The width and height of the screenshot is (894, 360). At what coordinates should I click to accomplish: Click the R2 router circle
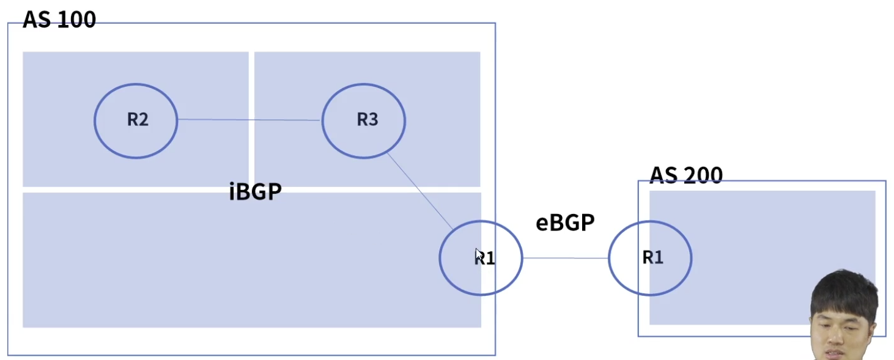point(136,120)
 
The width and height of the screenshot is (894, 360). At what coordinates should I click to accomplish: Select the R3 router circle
point(364,120)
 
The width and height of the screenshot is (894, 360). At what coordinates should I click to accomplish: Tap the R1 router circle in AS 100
point(481,258)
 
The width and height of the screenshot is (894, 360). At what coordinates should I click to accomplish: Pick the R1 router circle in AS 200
point(650,258)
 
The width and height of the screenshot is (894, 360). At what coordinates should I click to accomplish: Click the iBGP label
point(255,192)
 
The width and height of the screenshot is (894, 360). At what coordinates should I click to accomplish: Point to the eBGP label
point(565,223)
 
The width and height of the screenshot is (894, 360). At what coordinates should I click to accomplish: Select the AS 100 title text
point(59,20)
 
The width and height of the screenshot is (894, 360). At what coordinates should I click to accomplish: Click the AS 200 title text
point(685,175)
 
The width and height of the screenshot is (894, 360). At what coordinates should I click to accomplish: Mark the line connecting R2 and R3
point(249,120)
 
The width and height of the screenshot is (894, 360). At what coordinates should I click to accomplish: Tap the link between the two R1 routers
point(566,258)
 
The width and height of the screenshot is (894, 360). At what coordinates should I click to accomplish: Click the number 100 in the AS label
point(77,20)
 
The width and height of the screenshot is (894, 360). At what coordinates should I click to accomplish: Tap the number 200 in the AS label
point(703,175)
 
